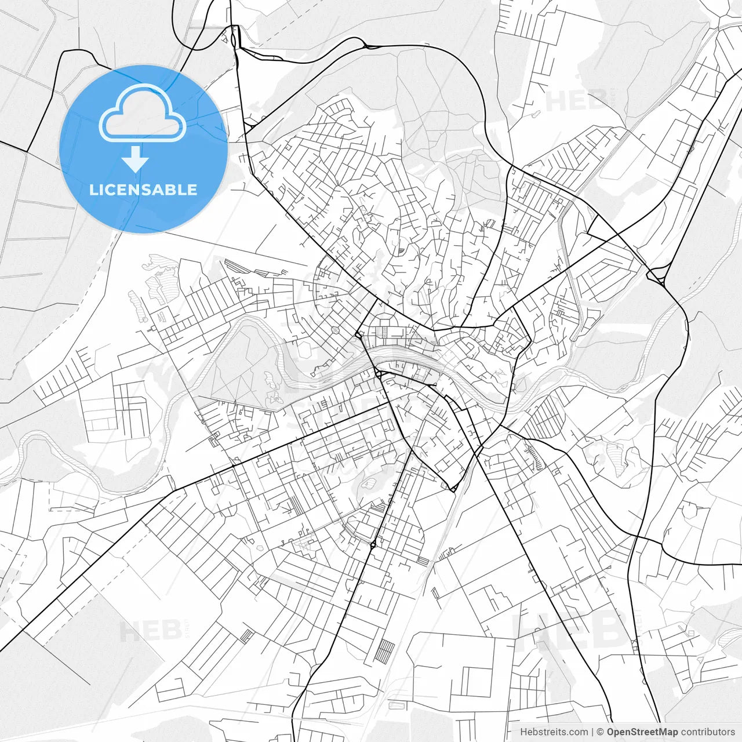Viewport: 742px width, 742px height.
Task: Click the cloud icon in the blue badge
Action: pos(142,113)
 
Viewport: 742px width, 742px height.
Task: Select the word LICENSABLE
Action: pos(143,190)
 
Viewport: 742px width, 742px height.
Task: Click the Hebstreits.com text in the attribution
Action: pos(554,732)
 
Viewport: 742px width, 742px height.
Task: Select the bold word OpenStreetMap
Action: pos(642,732)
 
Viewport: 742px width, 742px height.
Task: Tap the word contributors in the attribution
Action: pos(707,732)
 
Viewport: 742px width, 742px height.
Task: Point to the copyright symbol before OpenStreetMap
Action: pos(601,732)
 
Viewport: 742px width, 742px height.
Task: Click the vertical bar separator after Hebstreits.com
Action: pos(592,732)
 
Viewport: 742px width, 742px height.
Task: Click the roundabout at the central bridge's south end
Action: pos(378,375)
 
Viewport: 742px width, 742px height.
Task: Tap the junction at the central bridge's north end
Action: pos(359,335)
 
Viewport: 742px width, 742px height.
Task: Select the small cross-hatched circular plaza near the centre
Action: pos(335,330)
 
